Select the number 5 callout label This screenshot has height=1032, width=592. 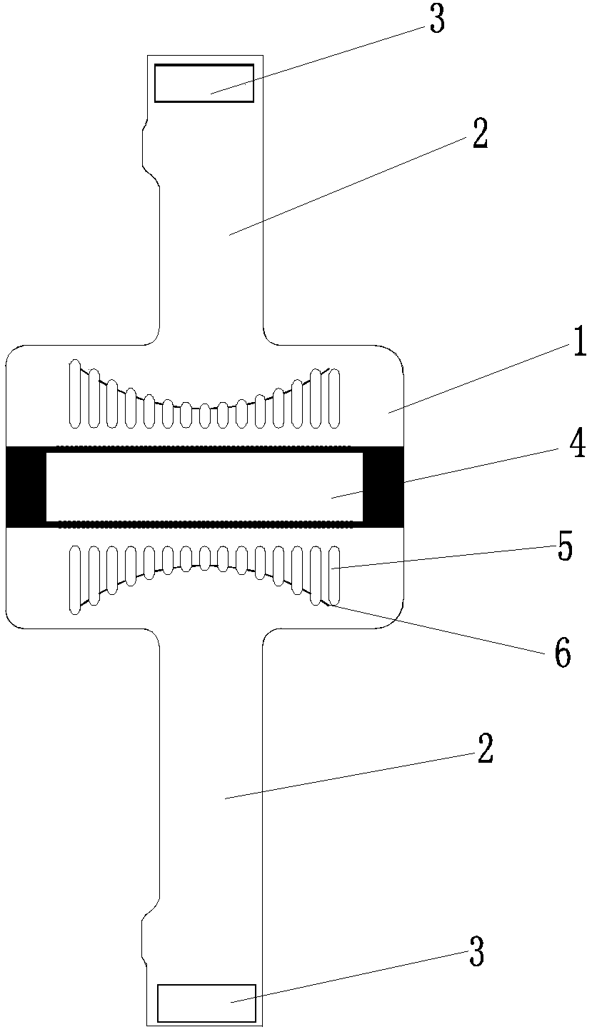[564, 548]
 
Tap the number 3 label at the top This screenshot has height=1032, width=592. [436, 19]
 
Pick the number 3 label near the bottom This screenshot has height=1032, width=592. [477, 953]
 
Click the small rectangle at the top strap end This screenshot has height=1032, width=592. [204, 83]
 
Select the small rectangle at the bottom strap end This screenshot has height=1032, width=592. [206, 1002]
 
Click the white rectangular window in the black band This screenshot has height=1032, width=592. [204, 486]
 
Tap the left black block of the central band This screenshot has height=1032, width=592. [26, 486]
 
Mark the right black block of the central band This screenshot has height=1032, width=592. [383, 486]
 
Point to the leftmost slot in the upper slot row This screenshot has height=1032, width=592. [74, 395]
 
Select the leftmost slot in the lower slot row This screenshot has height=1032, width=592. [74, 578]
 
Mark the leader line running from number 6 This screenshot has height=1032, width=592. [436, 628]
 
